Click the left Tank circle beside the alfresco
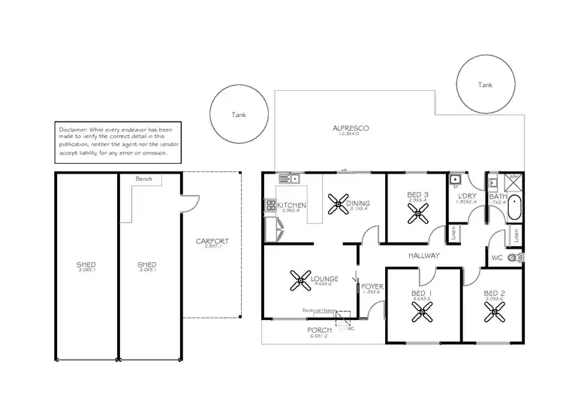[x=239, y=115]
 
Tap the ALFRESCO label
[x=349, y=128]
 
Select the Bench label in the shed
[x=143, y=180]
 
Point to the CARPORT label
[x=212, y=241]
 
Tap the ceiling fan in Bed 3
[x=416, y=213]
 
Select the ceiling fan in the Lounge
[x=301, y=282]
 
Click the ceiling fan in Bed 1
[x=422, y=312]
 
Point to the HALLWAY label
[x=423, y=256]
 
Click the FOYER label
[x=372, y=287]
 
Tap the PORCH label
[x=320, y=330]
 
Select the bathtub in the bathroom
[x=514, y=207]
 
